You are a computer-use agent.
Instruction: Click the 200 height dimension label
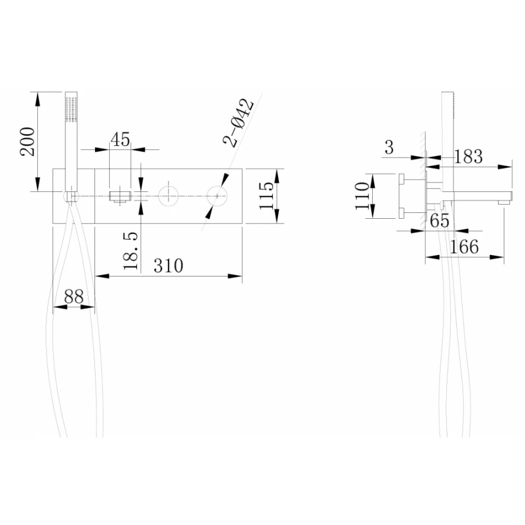tap(29, 141)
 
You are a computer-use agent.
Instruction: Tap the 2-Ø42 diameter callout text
tap(240, 123)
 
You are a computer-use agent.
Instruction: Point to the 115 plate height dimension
tap(265, 197)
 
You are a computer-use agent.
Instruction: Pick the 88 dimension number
tap(73, 296)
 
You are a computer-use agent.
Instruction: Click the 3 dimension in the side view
tap(390, 148)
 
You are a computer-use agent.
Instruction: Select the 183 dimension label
tap(468, 156)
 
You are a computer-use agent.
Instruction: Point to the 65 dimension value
tap(440, 221)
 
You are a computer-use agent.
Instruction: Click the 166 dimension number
tap(464, 247)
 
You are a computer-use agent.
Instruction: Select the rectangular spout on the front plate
tap(120, 195)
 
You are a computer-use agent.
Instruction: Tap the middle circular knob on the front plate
tap(169, 195)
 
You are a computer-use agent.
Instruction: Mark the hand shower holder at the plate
tap(71, 195)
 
